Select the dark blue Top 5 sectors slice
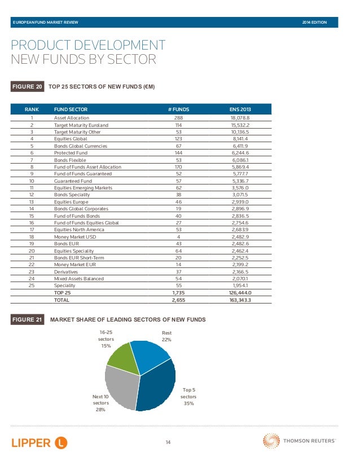(x=157, y=386)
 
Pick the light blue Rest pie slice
(x=148, y=355)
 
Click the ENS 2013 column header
(x=240, y=109)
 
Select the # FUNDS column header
(x=178, y=109)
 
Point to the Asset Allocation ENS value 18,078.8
(x=240, y=118)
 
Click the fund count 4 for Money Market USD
(x=178, y=237)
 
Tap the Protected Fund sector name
(x=71, y=153)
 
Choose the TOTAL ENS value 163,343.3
(x=240, y=300)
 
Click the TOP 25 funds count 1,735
(x=178, y=293)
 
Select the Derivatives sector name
(x=65, y=272)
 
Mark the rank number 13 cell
(x=32, y=202)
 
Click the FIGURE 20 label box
(x=27, y=86)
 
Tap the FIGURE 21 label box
(x=27, y=319)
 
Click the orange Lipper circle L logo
(x=62, y=443)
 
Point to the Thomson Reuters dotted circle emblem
(x=271, y=441)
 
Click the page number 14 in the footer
(x=168, y=442)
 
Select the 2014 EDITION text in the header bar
(x=314, y=23)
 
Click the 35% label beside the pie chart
(x=189, y=403)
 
